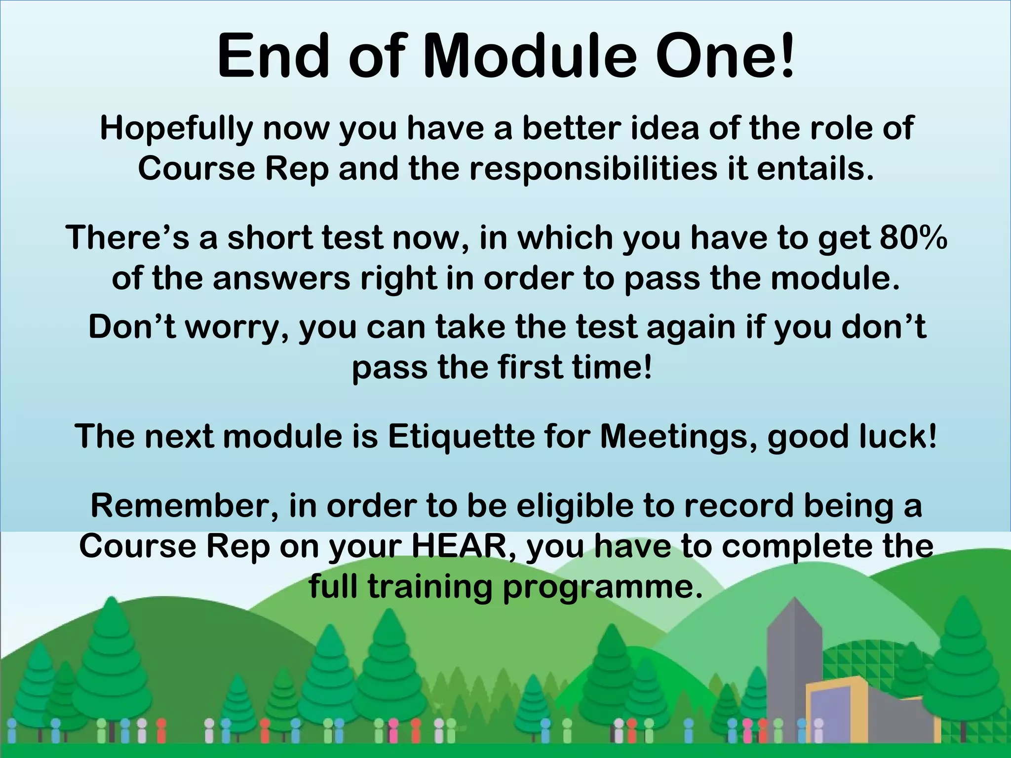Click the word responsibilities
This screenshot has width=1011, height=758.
tap(593, 169)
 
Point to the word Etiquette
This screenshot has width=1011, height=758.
tap(461, 437)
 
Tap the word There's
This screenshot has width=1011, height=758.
tap(127, 238)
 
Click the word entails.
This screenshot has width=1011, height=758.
tap(815, 169)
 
